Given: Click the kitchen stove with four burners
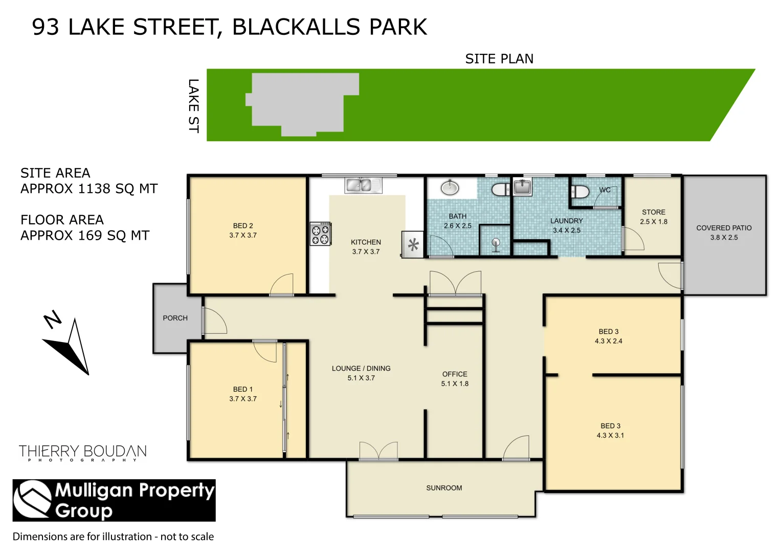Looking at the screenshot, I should pos(321,234).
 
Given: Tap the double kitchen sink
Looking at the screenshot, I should pos(363,185).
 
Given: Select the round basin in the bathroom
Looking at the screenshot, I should pos(450,187).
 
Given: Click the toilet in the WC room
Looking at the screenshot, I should pos(580,192).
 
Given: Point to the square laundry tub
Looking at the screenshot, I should pos(522,187).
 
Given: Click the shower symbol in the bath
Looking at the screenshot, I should pos(495,244).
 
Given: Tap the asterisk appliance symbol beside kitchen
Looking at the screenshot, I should pos(413,245).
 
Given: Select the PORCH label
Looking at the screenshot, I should pos(175,318).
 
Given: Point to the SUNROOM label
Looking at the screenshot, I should pos(444,488).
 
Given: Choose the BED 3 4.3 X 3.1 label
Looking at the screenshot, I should pos(610,431).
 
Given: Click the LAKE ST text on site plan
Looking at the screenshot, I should pos(193,106).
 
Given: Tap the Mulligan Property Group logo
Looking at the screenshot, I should pos(114,500).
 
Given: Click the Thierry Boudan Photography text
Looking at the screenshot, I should pos(83,453).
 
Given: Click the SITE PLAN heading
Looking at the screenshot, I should pos(499,59).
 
